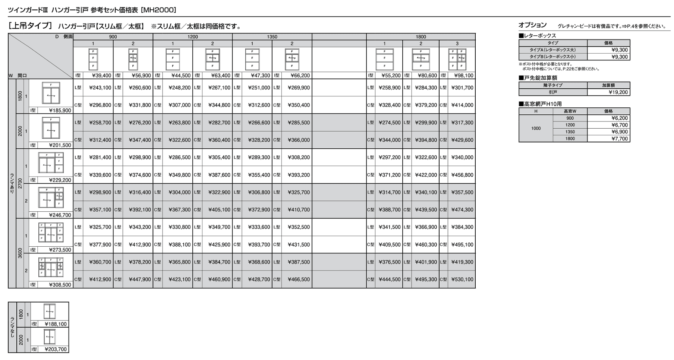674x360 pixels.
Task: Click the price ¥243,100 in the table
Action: tap(100, 88)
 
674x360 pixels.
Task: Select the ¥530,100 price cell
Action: tap(462, 280)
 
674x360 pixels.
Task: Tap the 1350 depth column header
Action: tap(272, 37)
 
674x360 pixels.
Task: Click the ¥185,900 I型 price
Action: tap(60, 111)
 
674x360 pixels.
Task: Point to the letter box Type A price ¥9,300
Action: tap(620, 50)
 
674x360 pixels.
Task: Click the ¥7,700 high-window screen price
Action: tap(620, 139)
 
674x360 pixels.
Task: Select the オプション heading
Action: tap(532, 25)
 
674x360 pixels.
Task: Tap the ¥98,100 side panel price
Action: tap(462, 76)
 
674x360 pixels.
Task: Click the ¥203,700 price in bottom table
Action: tap(56, 350)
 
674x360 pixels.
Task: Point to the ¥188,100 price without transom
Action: tap(56, 324)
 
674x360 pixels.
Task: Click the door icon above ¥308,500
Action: tap(51, 268)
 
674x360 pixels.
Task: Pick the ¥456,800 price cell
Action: tap(462, 175)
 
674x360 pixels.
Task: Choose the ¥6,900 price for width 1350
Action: tap(620, 132)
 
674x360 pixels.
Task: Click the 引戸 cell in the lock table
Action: tap(553, 92)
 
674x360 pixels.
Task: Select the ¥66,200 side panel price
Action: tap(299, 76)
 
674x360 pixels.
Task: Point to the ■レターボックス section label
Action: tap(537, 36)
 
